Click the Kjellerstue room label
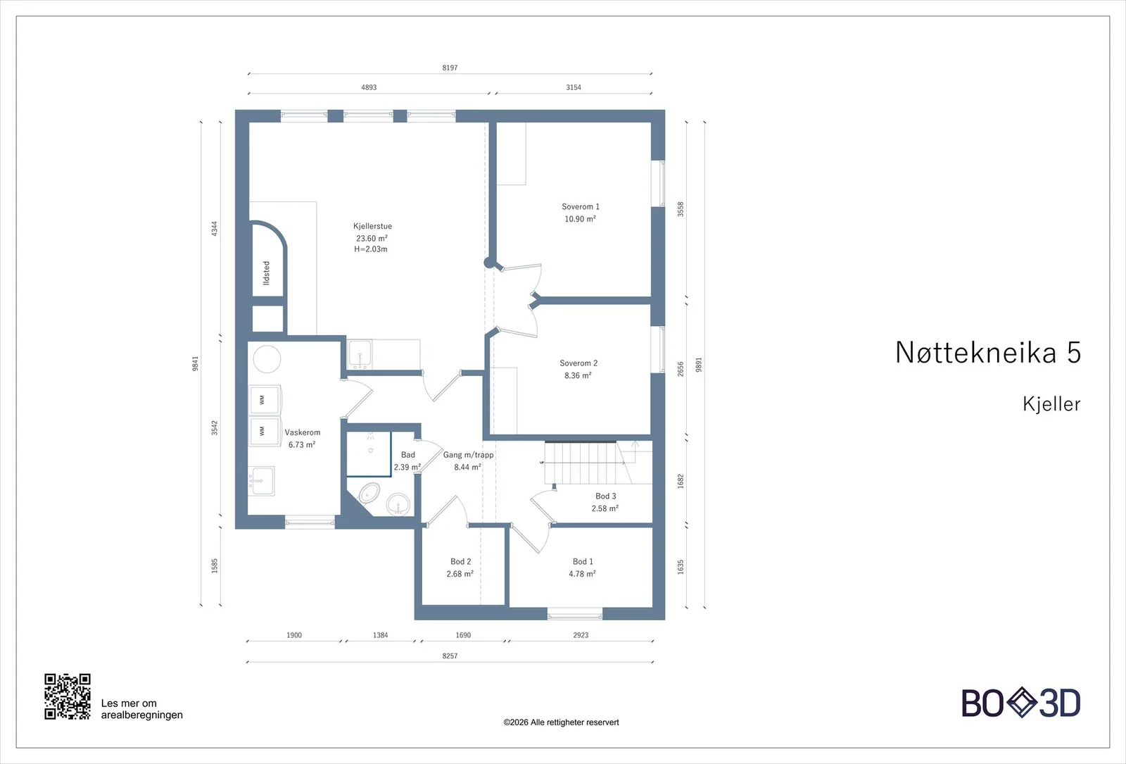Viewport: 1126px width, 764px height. [372, 226]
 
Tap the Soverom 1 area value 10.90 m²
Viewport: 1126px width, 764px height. [580, 219]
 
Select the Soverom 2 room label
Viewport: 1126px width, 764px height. [578, 363]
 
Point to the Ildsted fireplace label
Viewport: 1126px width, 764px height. [267, 273]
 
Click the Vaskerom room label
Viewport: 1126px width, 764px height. [302, 432]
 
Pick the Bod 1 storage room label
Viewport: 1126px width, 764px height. [583, 561]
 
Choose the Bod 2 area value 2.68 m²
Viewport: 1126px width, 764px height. [460, 574]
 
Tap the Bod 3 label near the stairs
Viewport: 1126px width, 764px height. [606, 496]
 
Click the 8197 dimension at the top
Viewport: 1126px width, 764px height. [450, 68]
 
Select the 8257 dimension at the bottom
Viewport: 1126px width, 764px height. [450, 656]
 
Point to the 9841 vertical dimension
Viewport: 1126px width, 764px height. [196, 363]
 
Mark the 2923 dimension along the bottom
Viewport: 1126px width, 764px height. [581, 635]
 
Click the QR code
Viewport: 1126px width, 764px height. [68, 696]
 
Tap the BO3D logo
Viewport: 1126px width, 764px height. [1021, 703]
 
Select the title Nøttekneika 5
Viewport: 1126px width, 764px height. [988, 352]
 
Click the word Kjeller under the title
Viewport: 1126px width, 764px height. [1051, 404]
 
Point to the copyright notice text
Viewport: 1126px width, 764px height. [561, 722]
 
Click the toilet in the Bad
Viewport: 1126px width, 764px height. [369, 494]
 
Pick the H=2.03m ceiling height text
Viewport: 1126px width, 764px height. [370, 249]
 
